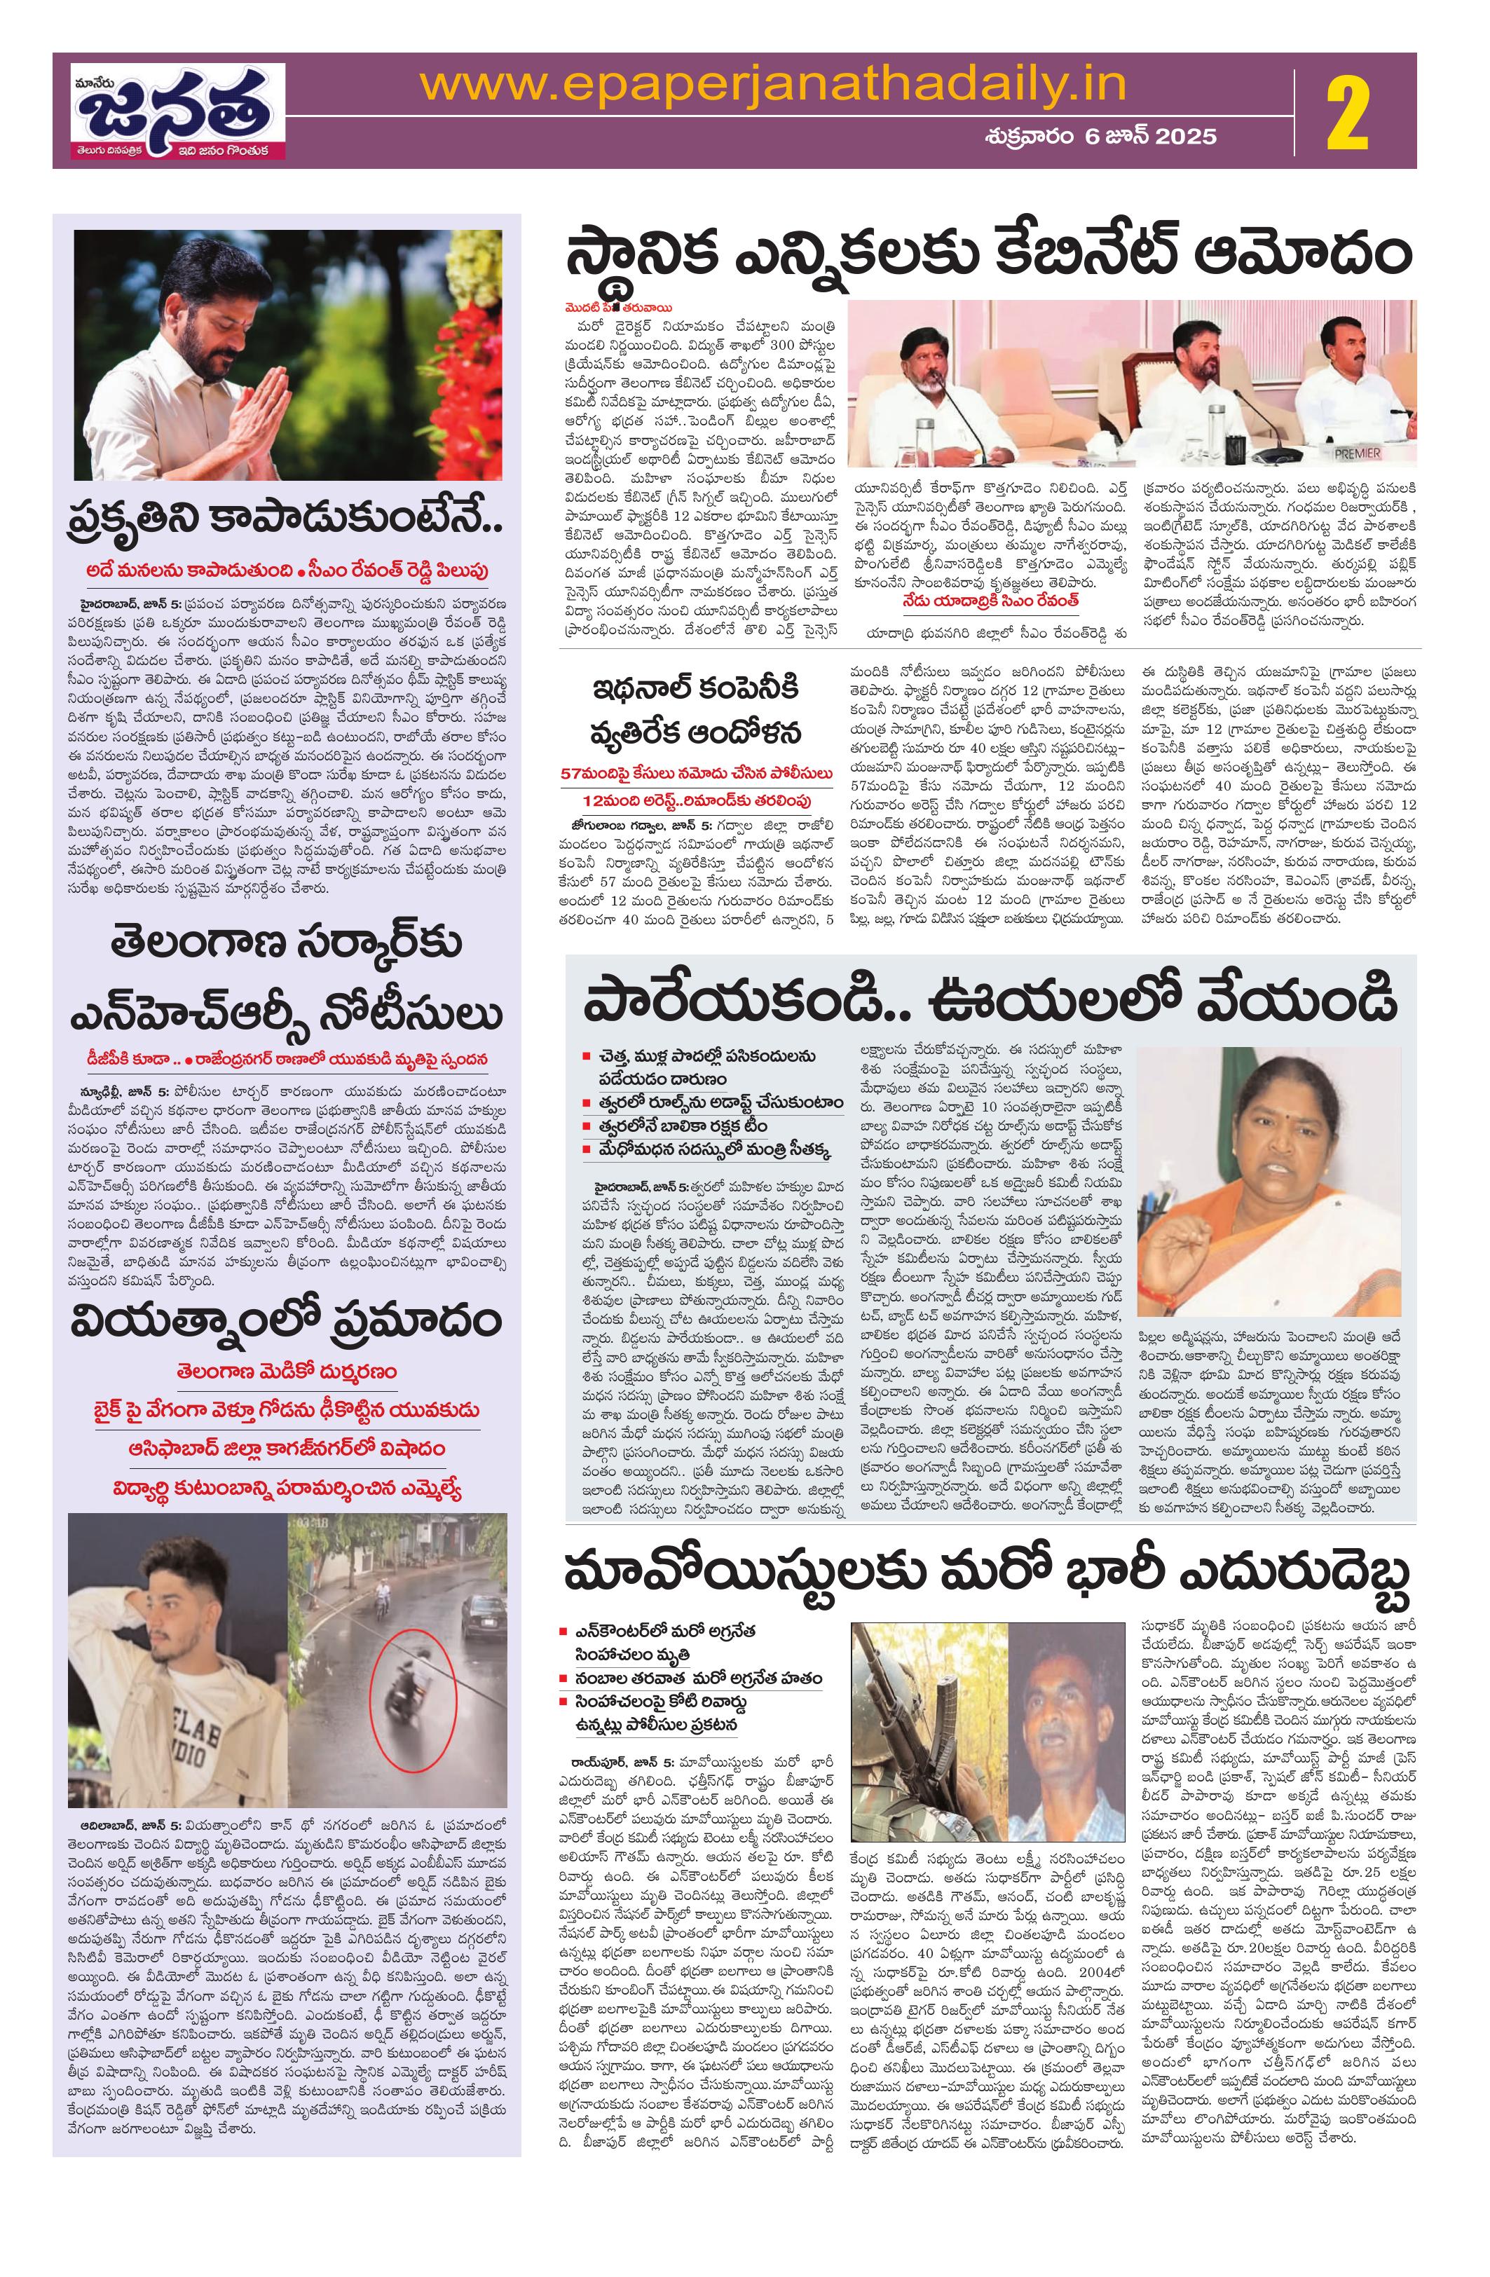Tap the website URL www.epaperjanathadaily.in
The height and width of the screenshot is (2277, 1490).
tap(773, 88)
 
